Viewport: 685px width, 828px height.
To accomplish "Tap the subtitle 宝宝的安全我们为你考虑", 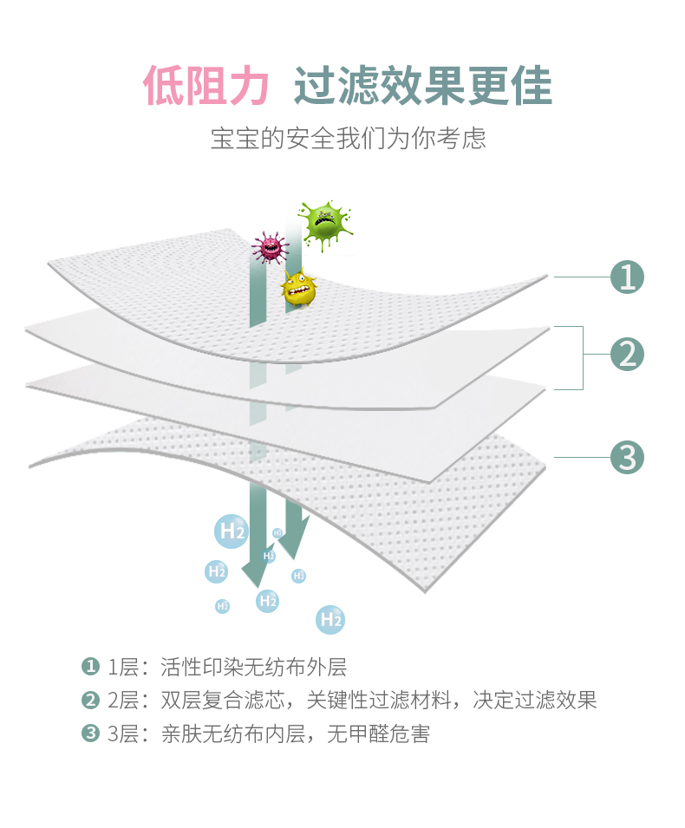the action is coord(348,138).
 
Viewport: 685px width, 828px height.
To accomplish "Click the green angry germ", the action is coord(323,224).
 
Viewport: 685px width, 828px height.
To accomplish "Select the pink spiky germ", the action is coord(270,247).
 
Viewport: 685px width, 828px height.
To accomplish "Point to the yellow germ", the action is coord(298,287).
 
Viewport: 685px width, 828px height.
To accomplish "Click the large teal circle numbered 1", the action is coord(627,277).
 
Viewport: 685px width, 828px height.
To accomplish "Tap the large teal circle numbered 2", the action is coord(627,355).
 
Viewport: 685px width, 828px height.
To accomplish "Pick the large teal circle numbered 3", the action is coord(627,457).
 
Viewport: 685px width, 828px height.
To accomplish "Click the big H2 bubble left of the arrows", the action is coord(231,531).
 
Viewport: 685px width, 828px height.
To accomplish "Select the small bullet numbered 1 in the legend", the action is coord(89,667).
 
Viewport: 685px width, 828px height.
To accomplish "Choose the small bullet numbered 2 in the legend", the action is coord(89,700).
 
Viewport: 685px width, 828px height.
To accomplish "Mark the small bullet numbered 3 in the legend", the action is coord(89,733).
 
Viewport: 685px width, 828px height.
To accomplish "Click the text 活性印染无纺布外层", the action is coord(253,667).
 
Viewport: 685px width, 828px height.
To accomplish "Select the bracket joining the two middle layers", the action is coord(581,356).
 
